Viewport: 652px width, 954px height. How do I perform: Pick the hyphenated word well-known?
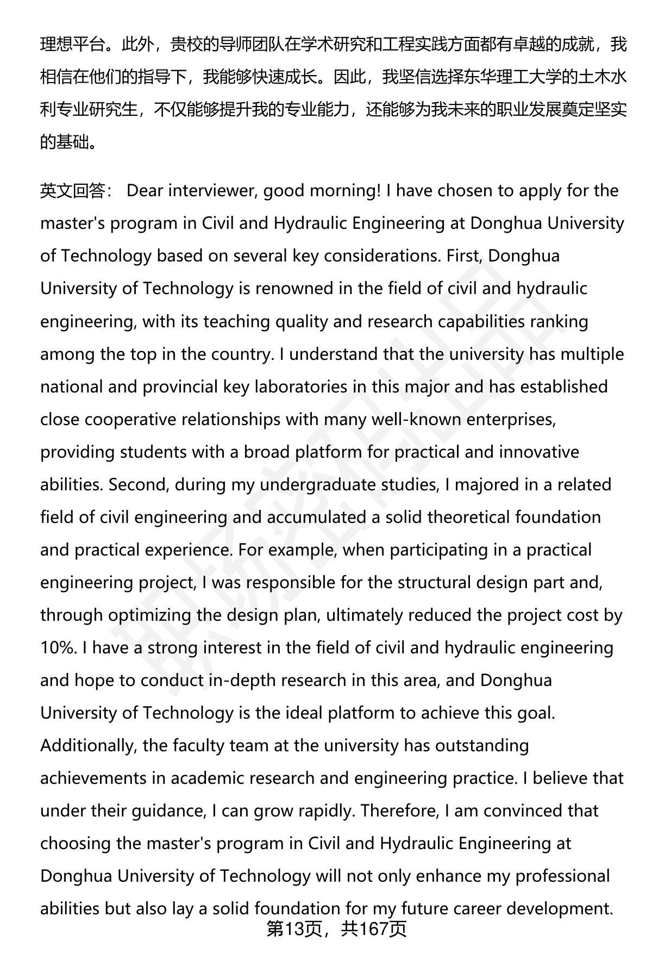pyautogui.click(x=410, y=419)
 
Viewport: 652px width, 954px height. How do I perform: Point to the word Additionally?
pyautogui.click(x=87, y=745)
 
